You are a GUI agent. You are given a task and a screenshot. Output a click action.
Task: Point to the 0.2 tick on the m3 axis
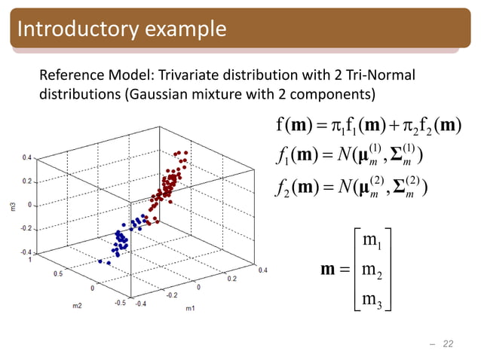[x=26, y=182]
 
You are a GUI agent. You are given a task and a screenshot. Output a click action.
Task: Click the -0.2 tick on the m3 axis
[x=25, y=228]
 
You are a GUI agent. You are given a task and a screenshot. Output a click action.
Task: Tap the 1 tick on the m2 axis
[x=29, y=260]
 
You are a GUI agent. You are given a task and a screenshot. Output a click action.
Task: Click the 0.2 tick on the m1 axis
[x=231, y=278]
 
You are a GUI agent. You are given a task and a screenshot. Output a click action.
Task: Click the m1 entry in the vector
[x=372, y=240]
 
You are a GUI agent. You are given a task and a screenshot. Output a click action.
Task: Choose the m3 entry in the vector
[x=372, y=301]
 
